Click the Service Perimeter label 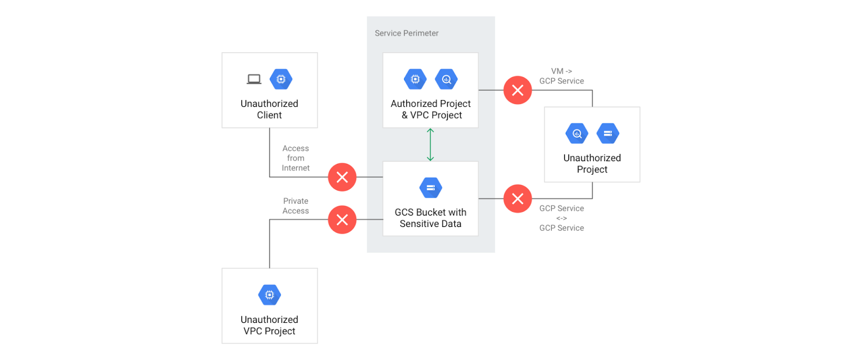406,33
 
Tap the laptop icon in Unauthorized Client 254,80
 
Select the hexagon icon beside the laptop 281,79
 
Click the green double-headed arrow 430,144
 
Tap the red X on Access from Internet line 342,177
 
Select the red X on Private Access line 342,219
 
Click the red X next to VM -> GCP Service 517,90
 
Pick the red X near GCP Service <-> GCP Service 517,198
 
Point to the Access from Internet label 295,158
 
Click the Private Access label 295,206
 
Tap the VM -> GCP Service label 561,76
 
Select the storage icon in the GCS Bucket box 430,188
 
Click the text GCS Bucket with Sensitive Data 430,218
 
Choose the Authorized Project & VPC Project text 430,109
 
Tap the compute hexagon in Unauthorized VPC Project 269,295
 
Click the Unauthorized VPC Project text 269,325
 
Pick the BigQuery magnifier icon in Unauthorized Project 577,133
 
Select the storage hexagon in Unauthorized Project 608,133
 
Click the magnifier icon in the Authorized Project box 446,79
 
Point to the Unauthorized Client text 269,109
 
